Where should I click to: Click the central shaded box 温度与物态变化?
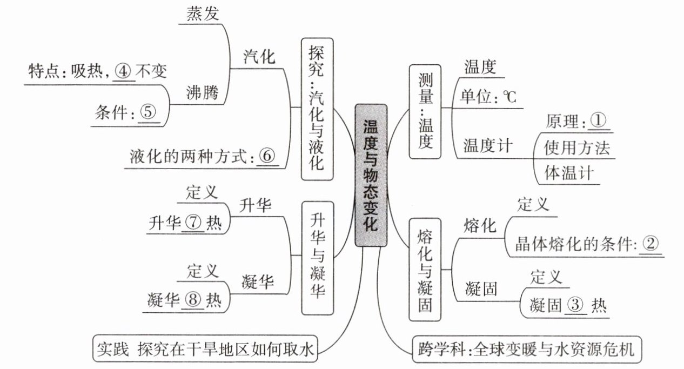coord(371,176)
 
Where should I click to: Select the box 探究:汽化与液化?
coord(317,109)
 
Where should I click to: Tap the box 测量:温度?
coord(425,111)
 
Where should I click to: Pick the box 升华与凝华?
coord(318,258)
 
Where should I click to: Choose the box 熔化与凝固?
coord(425,270)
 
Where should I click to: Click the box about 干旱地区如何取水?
coord(205,348)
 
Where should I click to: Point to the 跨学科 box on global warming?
coord(527,350)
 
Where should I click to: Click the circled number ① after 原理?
coord(598,120)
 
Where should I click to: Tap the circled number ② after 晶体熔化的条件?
coord(651,244)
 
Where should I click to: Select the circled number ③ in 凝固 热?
coord(575,304)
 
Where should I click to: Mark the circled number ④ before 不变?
coord(123,71)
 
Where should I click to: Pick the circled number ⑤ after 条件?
coord(148,112)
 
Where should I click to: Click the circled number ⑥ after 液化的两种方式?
coord(267,156)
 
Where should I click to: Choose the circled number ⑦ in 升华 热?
coord(193,223)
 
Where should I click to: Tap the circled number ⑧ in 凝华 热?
coord(193,299)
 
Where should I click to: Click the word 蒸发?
coord(203,14)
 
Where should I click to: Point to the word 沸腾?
coord(203,92)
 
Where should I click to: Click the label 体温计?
coord(569,173)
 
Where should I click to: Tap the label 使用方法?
coord(577,147)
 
